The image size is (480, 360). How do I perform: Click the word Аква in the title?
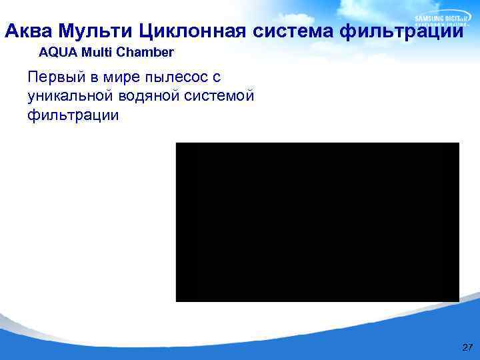(29, 31)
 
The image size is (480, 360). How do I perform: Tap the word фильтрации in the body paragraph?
(73, 115)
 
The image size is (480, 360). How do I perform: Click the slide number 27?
(466, 347)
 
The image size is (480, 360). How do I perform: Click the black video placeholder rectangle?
(317, 221)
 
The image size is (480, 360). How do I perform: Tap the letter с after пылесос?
(217, 77)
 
